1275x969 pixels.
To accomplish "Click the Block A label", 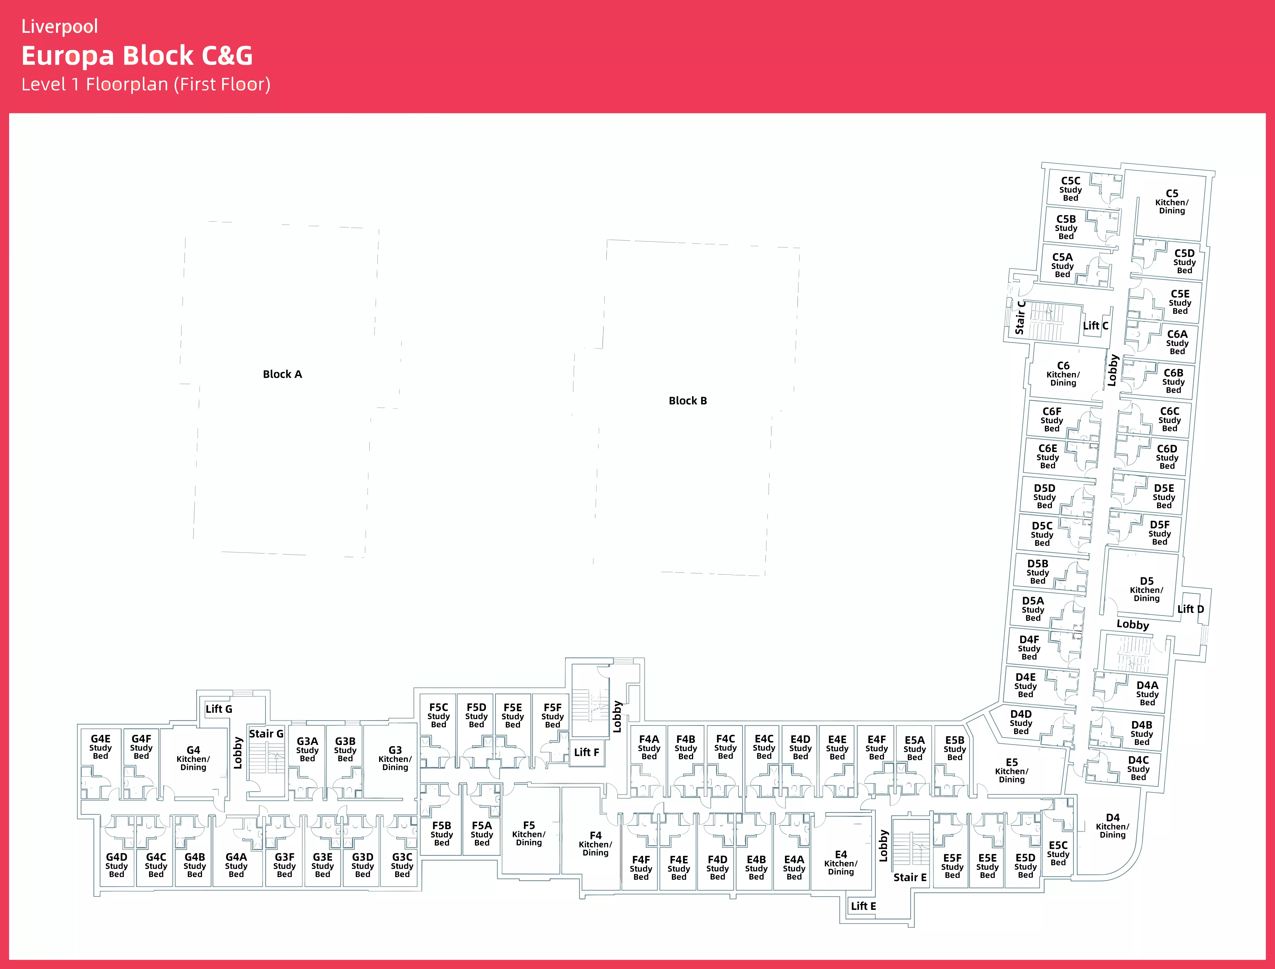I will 282,374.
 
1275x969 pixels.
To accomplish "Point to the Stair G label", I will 266,734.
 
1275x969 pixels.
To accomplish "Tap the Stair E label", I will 910,877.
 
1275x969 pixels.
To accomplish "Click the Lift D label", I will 1190,609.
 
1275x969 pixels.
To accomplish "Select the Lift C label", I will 1095,326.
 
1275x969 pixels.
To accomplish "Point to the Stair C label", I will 1020,317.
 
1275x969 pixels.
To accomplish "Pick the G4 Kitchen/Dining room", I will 193,758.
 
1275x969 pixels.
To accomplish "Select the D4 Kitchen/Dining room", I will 1112,826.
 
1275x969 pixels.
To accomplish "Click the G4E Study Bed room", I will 100,747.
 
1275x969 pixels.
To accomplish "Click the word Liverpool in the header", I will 59,26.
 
